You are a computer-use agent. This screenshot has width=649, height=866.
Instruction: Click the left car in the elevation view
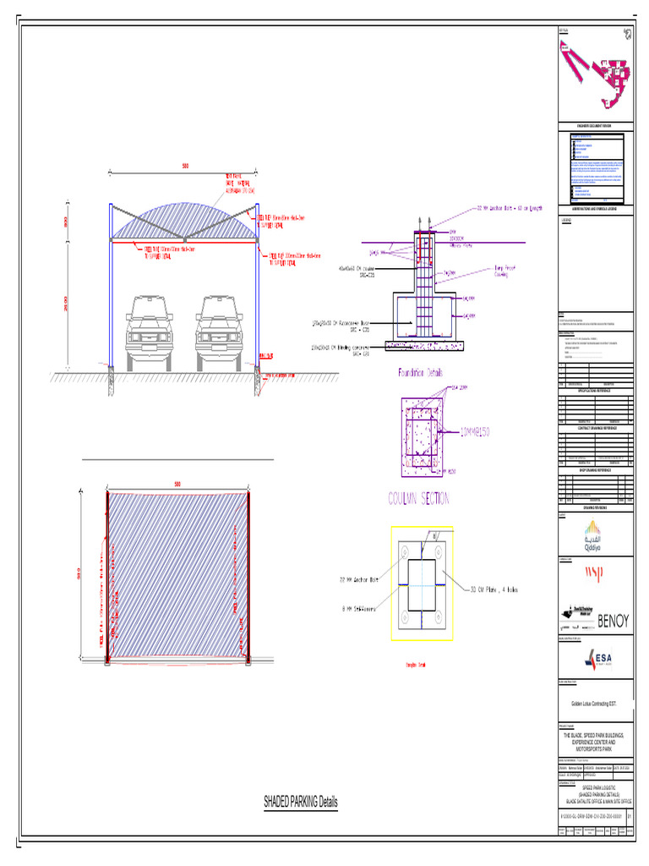point(149,333)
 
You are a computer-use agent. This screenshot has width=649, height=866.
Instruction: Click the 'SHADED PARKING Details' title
point(300,801)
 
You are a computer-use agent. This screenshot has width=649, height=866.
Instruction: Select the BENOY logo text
point(614,622)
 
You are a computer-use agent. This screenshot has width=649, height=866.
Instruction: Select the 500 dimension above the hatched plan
point(177,485)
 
